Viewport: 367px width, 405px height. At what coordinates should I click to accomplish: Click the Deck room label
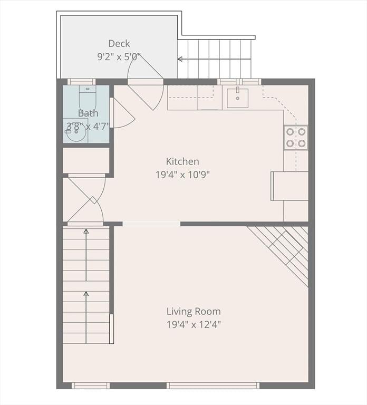(x=119, y=44)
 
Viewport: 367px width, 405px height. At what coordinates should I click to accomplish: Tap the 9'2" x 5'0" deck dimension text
(x=119, y=56)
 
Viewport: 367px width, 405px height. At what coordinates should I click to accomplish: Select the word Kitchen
(x=182, y=161)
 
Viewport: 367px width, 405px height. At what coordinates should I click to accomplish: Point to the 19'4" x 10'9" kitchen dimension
(x=182, y=175)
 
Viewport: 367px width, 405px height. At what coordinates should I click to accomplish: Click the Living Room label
(x=194, y=311)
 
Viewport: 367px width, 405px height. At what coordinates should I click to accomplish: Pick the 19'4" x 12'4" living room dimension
(x=194, y=324)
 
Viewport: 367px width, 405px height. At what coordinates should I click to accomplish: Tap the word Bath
(x=88, y=113)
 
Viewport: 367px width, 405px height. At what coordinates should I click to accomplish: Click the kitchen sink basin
(x=238, y=98)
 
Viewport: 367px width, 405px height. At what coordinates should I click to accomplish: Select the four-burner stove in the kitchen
(x=296, y=138)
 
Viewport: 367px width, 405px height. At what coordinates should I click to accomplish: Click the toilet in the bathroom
(x=88, y=98)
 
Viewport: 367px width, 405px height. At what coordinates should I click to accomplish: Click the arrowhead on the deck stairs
(x=180, y=59)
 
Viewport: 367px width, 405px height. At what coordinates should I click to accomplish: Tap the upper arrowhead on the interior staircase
(x=86, y=232)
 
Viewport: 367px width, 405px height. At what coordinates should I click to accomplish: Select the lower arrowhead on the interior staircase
(x=86, y=294)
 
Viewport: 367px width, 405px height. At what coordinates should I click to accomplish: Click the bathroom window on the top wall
(x=81, y=82)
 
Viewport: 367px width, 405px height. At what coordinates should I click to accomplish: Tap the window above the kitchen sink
(x=239, y=82)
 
